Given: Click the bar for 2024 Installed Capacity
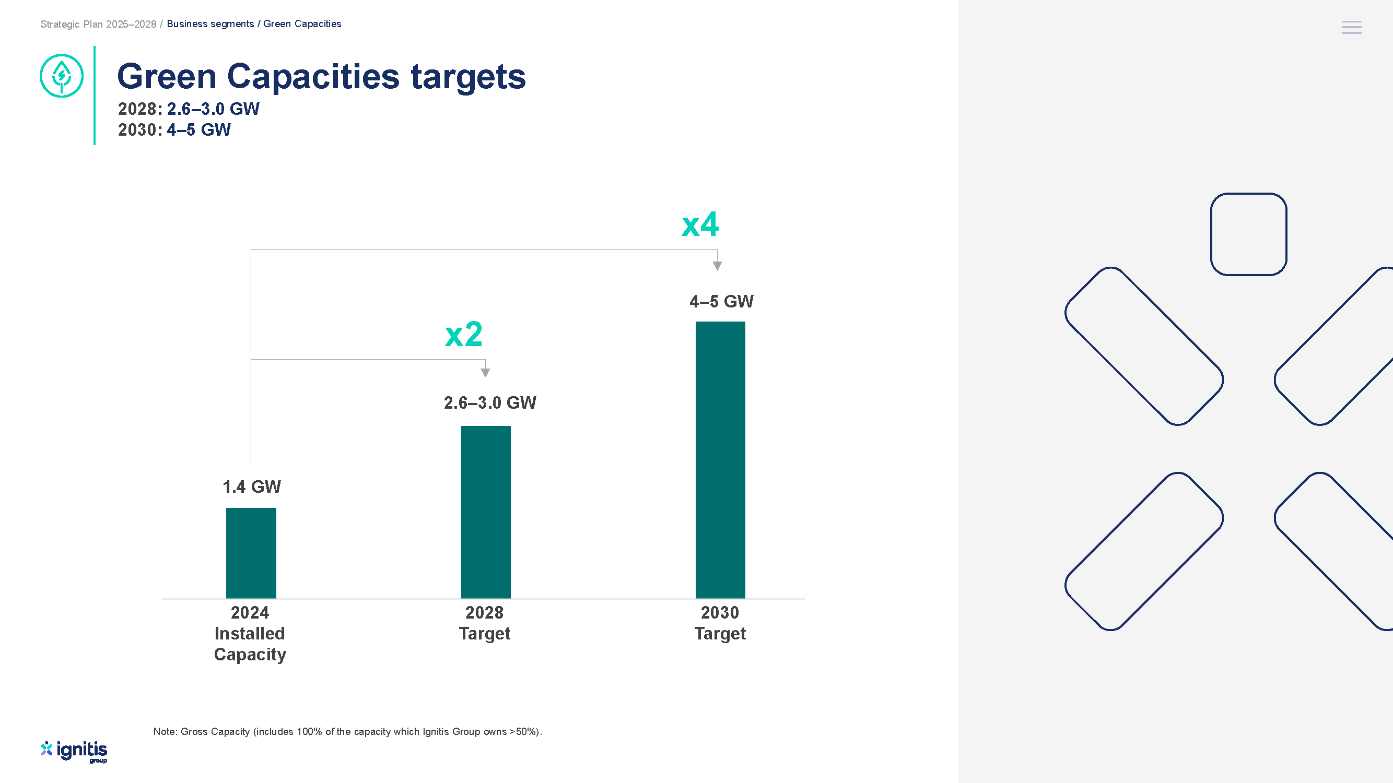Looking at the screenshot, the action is (251, 553).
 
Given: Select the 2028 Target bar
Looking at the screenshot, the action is (486, 512).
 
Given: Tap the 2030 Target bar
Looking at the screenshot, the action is (720, 460).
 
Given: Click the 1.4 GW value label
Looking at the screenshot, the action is (251, 487).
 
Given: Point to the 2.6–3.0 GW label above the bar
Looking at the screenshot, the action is (490, 402).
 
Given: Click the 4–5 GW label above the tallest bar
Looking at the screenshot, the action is (721, 302).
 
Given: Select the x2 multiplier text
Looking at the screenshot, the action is (463, 335).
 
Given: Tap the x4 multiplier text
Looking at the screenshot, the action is (700, 224).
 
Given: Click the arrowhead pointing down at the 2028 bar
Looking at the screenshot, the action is (485, 373).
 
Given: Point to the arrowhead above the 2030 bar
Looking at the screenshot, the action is (717, 266).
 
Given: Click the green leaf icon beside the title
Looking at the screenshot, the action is (62, 76).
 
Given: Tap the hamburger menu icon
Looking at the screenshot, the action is (1351, 27).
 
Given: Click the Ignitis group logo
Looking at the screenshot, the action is (74, 751).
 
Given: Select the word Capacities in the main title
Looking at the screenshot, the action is (313, 77).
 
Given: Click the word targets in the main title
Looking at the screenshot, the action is (469, 77).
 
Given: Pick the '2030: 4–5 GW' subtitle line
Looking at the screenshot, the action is (174, 129).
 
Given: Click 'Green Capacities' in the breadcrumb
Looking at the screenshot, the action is (302, 24).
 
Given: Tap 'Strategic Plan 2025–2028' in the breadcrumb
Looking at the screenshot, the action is (98, 25).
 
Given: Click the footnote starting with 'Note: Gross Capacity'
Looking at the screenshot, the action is (348, 732).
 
